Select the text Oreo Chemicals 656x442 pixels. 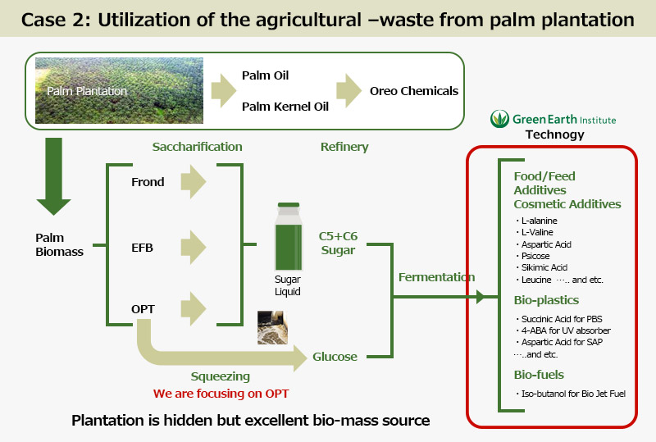coord(413,91)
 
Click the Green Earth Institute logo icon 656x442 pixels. coord(499,120)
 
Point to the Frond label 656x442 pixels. coord(148,182)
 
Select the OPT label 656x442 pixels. coord(143,309)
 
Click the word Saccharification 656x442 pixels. coord(197,147)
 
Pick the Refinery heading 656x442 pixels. coord(344,147)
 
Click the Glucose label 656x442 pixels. coord(335,357)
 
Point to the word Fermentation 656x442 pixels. coord(436,277)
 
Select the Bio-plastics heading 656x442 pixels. coord(546,299)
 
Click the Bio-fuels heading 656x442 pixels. coord(540,375)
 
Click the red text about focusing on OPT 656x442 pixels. coord(220,393)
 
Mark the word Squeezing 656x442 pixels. coord(220,376)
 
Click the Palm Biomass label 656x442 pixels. coord(59,244)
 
